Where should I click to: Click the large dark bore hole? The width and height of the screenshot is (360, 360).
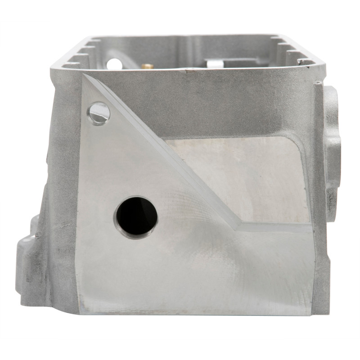pyautogui.click(x=136, y=216)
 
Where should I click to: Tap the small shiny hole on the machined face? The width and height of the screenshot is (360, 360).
pyautogui.click(x=99, y=112)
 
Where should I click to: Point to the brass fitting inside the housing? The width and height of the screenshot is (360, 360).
pyautogui.click(x=147, y=66)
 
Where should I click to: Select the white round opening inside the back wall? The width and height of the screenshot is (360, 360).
pyautogui.click(x=114, y=62)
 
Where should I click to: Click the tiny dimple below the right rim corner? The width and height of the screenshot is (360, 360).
pyautogui.click(x=318, y=83)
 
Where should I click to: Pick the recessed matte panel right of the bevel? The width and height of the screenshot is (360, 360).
pyautogui.click(x=243, y=175)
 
